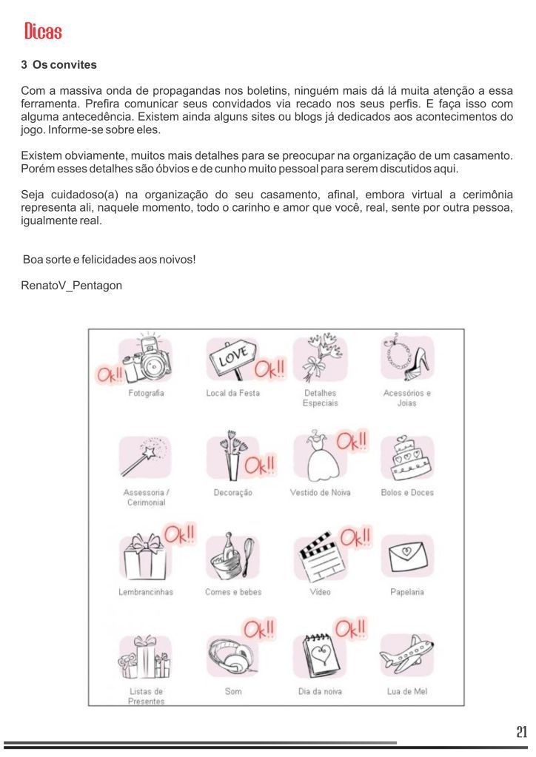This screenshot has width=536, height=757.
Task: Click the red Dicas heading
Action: pos(42,31)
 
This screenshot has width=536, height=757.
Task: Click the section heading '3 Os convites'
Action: pos(58,65)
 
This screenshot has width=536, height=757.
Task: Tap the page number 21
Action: pos(521,733)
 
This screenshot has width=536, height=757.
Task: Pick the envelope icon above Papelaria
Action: pos(407,556)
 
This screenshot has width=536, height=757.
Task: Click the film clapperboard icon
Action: pos(319,560)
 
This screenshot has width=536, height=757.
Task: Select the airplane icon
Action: pos(407,655)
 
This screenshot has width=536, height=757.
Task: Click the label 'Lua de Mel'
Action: pos(407,691)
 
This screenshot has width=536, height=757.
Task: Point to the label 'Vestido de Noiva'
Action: pos(321,493)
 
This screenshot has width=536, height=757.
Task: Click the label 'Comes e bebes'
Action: pos(233,592)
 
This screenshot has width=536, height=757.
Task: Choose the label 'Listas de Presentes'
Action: pos(146,696)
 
